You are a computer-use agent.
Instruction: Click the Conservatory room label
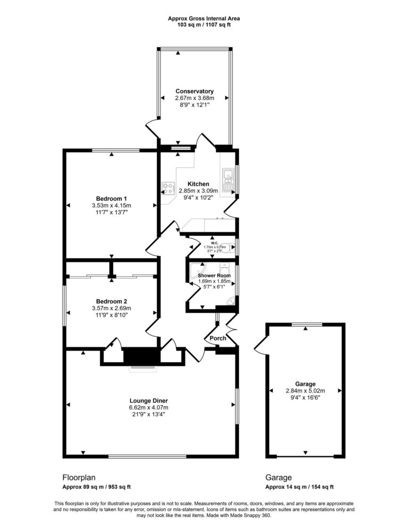194,91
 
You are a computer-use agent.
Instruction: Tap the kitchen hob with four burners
169,188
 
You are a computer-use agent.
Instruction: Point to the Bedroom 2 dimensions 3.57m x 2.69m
112,308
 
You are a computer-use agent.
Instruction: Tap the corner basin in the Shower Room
230,302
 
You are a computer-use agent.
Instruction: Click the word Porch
218,338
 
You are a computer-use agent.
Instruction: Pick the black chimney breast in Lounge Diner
141,355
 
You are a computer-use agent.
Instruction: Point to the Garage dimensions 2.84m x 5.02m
305,391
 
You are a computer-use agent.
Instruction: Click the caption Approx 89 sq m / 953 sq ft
97,487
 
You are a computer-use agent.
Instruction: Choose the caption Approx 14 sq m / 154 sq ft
299,487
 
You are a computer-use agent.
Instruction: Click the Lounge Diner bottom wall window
147,456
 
